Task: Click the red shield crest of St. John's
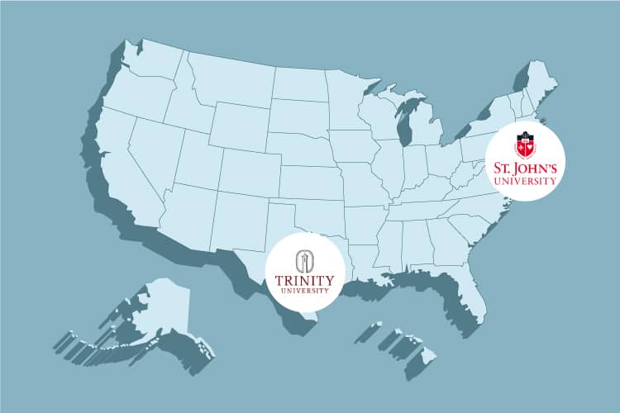tap(524, 146)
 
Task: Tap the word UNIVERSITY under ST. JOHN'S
tap(524, 183)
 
